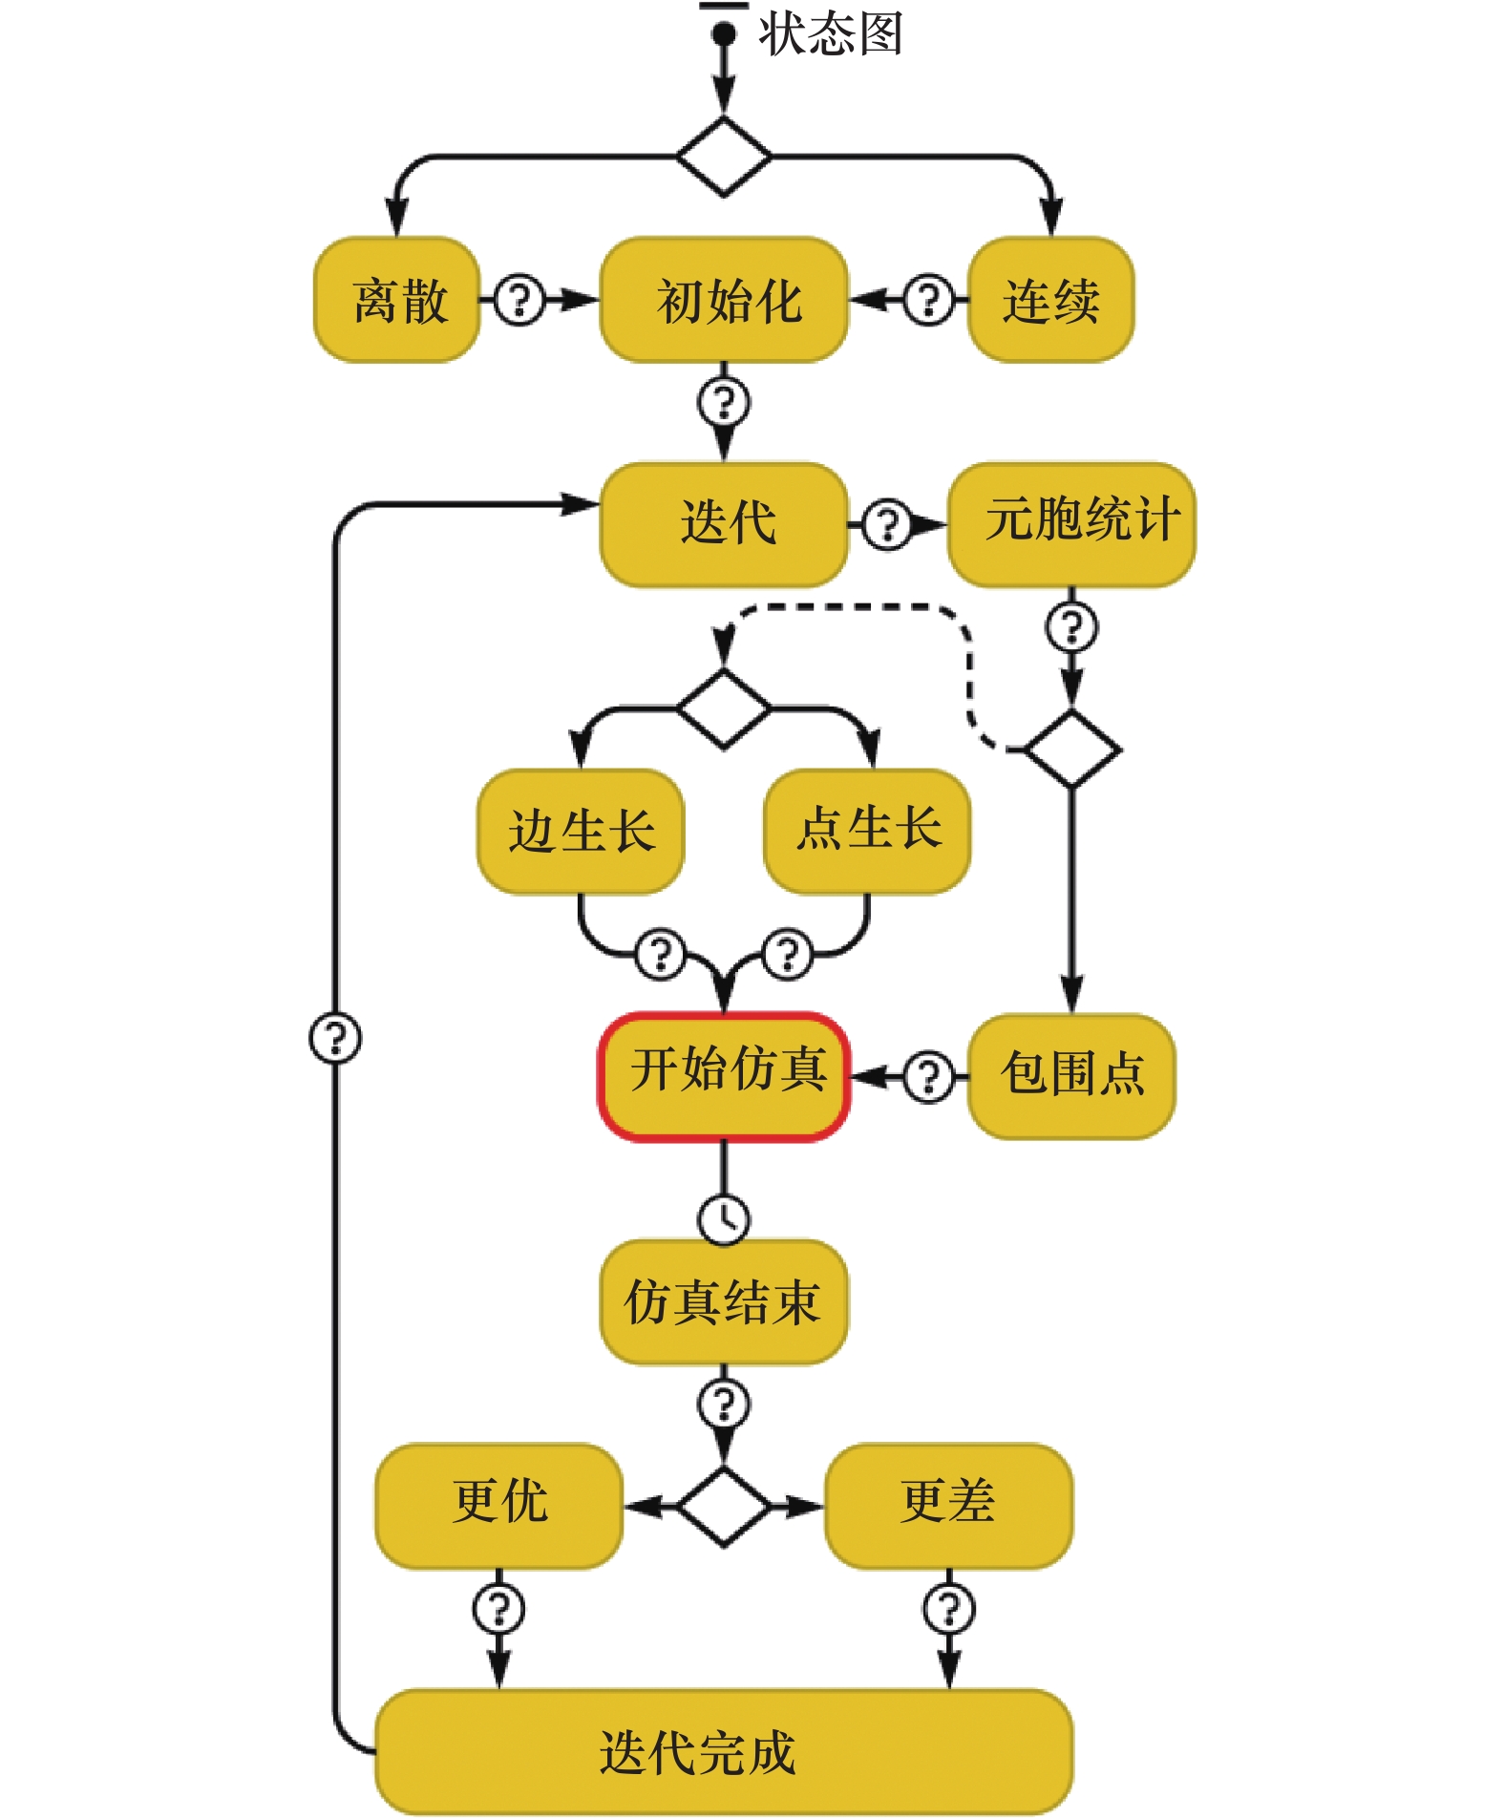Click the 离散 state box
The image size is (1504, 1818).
pos(396,300)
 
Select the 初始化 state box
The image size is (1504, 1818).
pos(724,300)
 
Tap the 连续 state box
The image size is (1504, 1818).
pos(1050,300)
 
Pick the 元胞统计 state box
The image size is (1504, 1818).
pos(1071,524)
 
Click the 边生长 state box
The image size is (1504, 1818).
pos(581,832)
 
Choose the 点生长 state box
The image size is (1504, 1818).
pos(867,832)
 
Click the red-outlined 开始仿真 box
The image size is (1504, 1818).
pos(724,1076)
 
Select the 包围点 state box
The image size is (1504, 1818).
pos(1071,1076)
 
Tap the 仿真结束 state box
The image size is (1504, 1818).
pos(724,1301)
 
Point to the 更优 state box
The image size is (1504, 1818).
pos(498,1506)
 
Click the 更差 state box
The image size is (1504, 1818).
pos(948,1506)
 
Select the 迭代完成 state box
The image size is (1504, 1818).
pos(724,1751)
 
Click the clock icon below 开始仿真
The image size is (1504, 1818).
pos(724,1219)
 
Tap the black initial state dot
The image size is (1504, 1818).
pos(724,34)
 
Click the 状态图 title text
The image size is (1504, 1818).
pos(830,34)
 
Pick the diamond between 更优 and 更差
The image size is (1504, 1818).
pos(724,1506)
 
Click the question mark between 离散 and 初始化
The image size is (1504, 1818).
pos(519,300)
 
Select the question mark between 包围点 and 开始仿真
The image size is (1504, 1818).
pos(928,1076)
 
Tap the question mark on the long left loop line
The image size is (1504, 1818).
pos(335,1037)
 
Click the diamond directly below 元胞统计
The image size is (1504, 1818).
pos(1071,749)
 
